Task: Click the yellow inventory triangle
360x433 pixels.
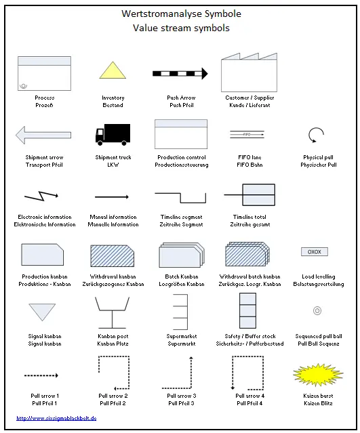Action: (x=113, y=70)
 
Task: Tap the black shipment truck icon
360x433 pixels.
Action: (x=113, y=134)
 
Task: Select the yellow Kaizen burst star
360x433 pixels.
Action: (x=318, y=375)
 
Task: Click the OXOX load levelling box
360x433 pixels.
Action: (x=315, y=252)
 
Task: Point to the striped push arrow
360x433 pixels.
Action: (x=180, y=74)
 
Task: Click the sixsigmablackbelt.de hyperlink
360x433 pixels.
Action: (x=56, y=418)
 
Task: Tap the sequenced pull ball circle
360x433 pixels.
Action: (x=317, y=310)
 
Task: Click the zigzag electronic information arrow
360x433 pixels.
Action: (x=41, y=196)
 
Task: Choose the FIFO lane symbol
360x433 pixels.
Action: (x=247, y=134)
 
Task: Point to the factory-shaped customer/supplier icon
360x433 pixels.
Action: (x=249, y=73)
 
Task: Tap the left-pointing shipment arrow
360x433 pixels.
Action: (x=43, y=135)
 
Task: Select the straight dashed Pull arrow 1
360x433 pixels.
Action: (x=41, y=375)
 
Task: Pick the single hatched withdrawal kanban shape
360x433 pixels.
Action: (x=113, y=255)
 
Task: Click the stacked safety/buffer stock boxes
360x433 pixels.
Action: (x=248, y=310)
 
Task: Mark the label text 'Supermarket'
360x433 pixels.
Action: (x=182, y=336)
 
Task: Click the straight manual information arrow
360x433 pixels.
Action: (x=112, y=197)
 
